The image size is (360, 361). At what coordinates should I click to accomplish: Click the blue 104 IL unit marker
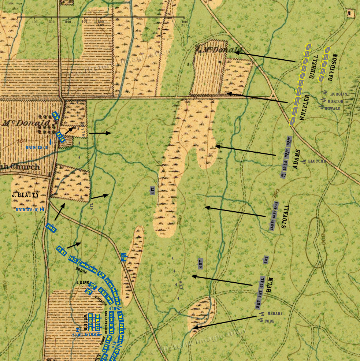point(52,228)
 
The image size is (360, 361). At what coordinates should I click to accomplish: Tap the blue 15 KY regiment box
point(62,251)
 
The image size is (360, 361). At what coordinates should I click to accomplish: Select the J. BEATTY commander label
point(25,195)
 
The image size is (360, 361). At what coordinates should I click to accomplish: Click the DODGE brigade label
point(81,268)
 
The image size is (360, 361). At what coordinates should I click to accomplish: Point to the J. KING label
point(83,282)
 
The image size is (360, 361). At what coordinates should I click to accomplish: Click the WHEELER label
point(305,107)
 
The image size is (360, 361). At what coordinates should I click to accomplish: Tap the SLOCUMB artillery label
point(317,161)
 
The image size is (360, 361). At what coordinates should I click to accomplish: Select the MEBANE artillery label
point(275,313)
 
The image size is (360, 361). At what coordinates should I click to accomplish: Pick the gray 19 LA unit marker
point(284,168)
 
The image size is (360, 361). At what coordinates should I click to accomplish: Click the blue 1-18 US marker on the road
point(124,257)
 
